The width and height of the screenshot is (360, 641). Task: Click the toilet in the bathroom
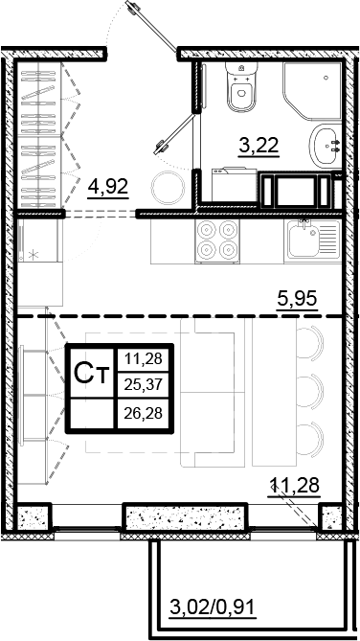[x=240, y=88]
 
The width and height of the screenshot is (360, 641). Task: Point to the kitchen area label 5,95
[x=295, y=299]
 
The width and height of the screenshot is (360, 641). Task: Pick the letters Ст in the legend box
[x=91, y=375]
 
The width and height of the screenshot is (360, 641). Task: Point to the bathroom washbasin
[x=328, y=146]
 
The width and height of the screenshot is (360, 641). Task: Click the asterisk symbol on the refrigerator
[x=35, y=256]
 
